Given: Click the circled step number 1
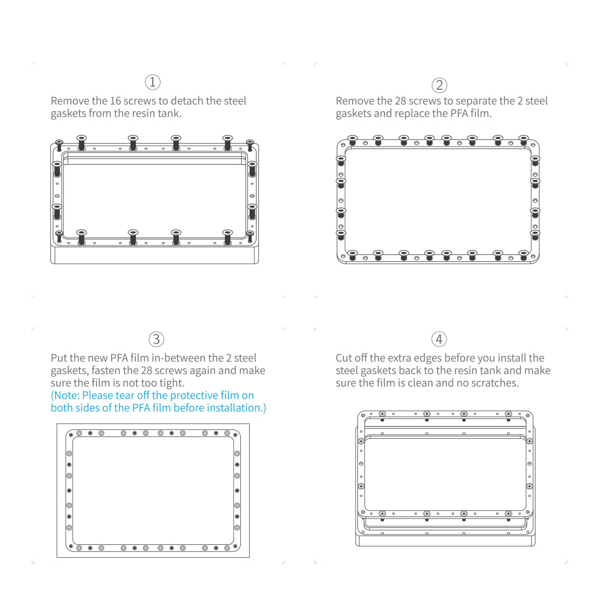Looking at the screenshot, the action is pos(152,82).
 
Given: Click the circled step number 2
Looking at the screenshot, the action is pos(439,85).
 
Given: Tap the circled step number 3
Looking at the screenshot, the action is pos(156,339).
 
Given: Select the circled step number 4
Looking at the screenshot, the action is pos(439,339).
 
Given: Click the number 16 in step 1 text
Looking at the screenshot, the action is pos(115,101).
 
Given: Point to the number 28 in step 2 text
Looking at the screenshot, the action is pos(400,101).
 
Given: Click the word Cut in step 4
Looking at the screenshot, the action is pos(343,358).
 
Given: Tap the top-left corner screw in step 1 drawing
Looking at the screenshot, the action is pos(59,145).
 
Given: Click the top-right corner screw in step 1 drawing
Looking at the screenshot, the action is pos(250,145).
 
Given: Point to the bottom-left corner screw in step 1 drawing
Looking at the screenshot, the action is pos(59,237).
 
